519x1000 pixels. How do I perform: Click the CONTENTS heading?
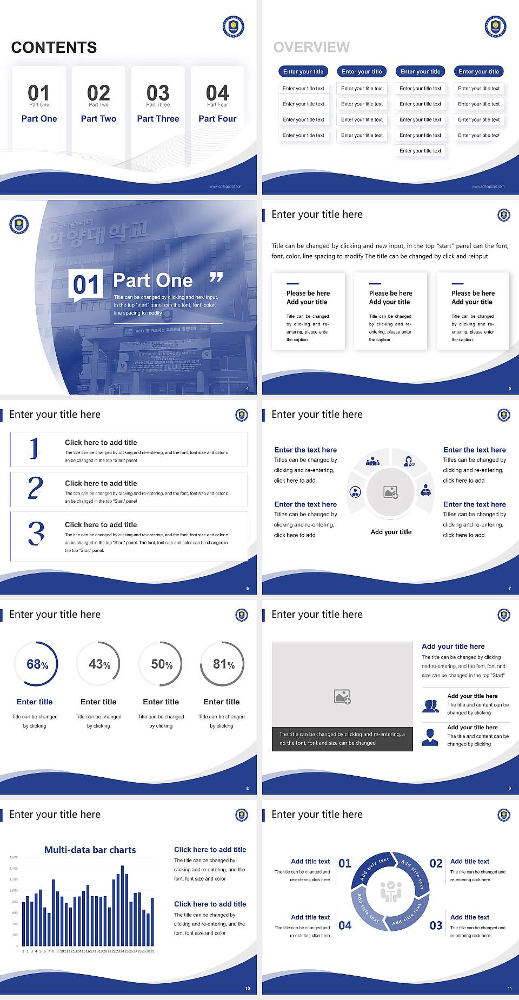[54, 48]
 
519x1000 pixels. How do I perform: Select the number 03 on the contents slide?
[158, 93]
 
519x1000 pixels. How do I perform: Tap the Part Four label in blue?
[217, 118]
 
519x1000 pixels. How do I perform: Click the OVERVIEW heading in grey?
[311, 48]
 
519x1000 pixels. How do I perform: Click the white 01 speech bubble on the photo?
[86, 284]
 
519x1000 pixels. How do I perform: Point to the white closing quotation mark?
[216, 277]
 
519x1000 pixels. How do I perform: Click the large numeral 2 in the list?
[35, 488]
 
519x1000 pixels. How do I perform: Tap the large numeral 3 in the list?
[36, 533]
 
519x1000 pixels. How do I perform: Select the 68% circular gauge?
[36, 664]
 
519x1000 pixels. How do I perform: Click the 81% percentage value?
[223, 664]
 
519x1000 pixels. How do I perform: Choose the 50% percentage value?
[162, 664]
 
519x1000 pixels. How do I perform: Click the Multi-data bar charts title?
[90, 850]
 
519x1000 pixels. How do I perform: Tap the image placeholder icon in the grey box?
[342, 696]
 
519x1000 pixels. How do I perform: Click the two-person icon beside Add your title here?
[430, 706]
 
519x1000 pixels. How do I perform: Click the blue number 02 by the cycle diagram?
[436, 863]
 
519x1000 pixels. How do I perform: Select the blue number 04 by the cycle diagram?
[345, 925]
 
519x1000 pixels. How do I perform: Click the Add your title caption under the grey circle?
[391, 532]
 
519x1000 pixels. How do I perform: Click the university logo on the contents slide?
[233, 26]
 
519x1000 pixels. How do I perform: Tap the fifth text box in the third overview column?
[420, 151]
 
